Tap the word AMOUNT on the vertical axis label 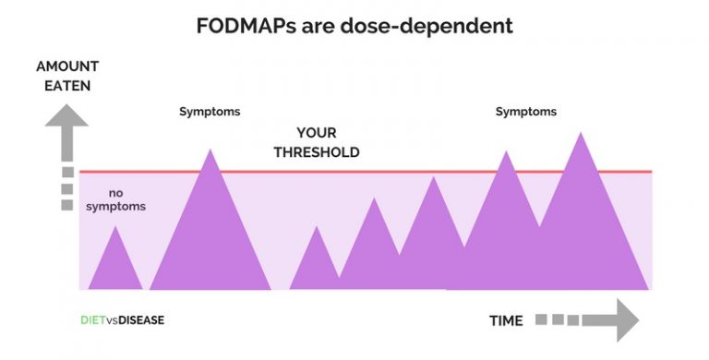66,66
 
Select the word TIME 505,321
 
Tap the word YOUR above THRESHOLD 317,133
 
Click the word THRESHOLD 317,152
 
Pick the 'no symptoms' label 115,199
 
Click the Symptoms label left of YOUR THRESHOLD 210,112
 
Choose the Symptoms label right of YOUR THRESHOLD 526,112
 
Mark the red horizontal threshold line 369,172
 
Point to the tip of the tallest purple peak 581,134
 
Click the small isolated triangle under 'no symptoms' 115,263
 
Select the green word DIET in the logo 92,321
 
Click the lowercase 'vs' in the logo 111,321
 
